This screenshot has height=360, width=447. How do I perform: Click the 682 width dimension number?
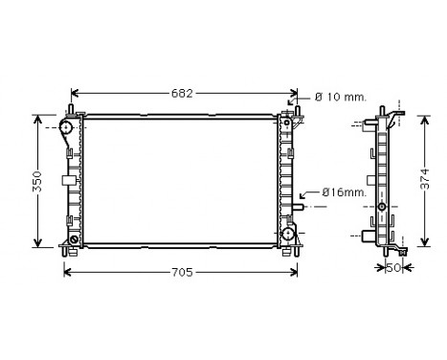[182, 93]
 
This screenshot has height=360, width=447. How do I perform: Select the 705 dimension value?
[181, 272]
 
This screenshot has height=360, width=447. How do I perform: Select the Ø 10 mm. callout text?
[343, 96]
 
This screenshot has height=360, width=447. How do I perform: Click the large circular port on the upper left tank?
[68, 126]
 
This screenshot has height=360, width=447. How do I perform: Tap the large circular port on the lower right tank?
[287, 234]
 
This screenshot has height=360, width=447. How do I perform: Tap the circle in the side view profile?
[382, 207]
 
